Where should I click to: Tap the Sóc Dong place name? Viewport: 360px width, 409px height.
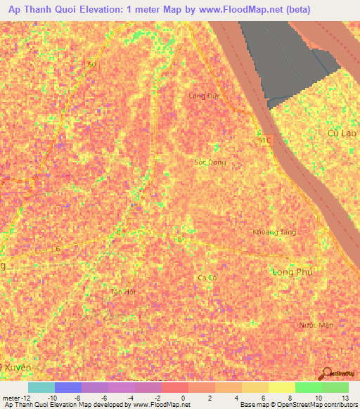click(210, 162)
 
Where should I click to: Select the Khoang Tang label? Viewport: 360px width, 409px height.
click(274, 232)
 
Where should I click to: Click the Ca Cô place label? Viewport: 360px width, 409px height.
click(206, 278)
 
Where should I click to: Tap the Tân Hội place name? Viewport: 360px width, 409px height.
click(122, 291)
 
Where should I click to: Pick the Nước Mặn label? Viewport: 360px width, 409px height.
click(314, 325)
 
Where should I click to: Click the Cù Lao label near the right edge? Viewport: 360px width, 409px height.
click(343, 133)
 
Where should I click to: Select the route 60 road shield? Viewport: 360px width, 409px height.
click(91, 64)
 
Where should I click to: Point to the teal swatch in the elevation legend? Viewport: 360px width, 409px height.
click(41, 387)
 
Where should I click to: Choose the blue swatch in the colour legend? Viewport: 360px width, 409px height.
click(67, 387)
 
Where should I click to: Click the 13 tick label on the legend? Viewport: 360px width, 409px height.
click(346, 398)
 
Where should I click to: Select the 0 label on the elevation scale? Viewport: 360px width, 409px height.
click(185, 398)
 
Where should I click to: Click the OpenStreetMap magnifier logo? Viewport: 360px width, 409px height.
click(327, 374)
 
